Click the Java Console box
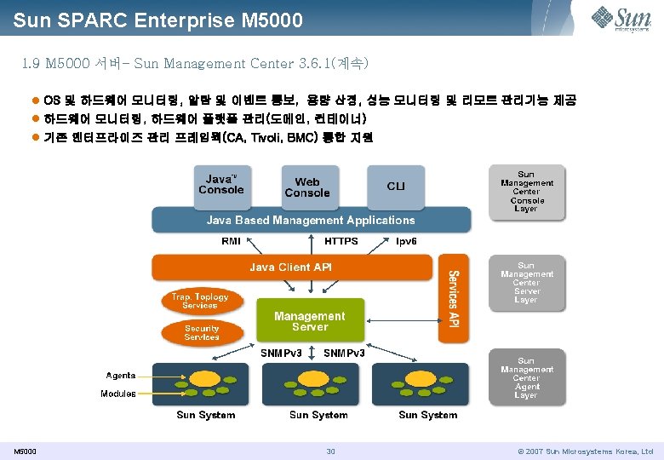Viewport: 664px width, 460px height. pos(221,185)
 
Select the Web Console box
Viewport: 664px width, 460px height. pos(306,187)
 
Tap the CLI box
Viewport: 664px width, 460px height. pos(396,187)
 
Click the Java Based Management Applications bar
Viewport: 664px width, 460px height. pos(311,220)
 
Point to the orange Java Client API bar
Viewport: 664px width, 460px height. pos(292,267)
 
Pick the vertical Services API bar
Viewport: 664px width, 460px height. pos(454,298)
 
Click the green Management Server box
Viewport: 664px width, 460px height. pos(310,320)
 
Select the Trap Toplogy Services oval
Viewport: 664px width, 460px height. pos(200,301)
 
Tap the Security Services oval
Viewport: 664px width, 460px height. pos(202,332)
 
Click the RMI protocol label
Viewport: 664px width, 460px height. pos(231,241)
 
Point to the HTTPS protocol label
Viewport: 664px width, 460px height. pos(341,241)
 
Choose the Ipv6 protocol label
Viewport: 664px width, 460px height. pos(407,241)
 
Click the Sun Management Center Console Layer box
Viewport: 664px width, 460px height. pos(526,192)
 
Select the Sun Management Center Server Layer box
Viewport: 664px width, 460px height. pos(526,283)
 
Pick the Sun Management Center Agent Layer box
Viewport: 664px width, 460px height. pos(526,378)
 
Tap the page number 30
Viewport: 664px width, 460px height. pos(331,451)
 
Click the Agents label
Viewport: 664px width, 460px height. pos(120,376)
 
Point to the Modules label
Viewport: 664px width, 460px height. pos(118,394)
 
